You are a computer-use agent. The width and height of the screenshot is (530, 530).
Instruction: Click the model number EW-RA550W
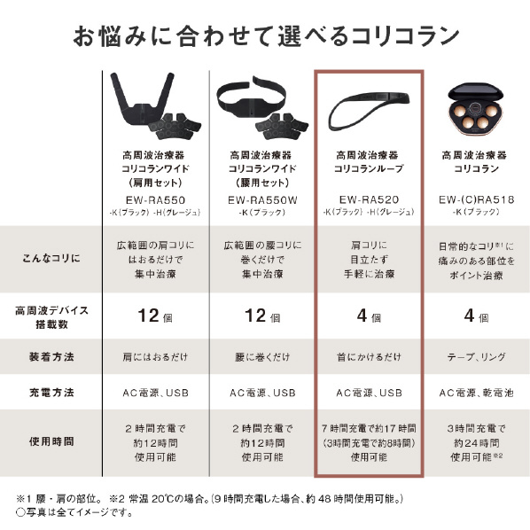(262, 200)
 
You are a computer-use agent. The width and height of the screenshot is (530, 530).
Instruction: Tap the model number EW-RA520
(369, 199)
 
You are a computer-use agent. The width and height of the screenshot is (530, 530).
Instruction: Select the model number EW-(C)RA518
(476, 199)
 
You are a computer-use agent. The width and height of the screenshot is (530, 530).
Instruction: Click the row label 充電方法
(51, 393)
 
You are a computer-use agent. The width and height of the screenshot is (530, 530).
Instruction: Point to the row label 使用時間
(51, 441)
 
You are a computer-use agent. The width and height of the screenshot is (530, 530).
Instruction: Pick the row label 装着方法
(51, 356)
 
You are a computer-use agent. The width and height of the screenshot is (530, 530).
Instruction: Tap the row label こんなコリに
(51, 258)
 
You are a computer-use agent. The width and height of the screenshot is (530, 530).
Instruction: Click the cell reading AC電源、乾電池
(476, 393)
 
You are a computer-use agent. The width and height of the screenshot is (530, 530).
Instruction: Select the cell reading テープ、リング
(476, 357)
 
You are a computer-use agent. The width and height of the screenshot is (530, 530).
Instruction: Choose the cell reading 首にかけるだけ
(369, 357)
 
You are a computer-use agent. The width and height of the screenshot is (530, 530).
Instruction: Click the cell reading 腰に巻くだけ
(262, 357)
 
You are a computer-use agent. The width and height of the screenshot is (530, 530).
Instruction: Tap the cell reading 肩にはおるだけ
(155, 357)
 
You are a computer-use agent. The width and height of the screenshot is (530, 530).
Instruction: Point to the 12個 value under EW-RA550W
(262, 316)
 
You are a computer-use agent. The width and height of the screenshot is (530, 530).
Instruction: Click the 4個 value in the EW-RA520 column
(369, 316)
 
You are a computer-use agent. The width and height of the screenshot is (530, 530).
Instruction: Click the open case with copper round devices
(476, 109)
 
